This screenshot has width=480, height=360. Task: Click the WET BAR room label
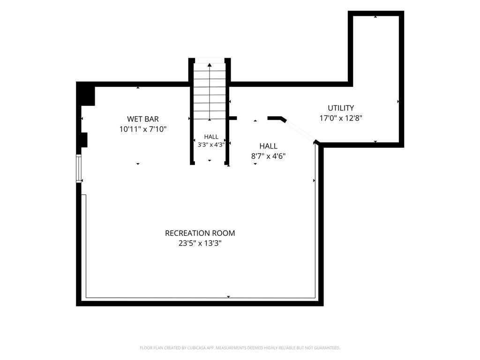[x=143, y=119]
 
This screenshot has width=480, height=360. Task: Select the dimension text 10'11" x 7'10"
[x=143, y=129]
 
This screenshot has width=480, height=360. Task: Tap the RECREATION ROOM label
[x=200, y=233]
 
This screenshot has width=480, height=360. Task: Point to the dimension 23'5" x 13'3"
[x=200, y=243]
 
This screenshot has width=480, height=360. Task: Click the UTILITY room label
[x=341, y=108]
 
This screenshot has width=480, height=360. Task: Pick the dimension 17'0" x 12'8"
[x=341, y=118]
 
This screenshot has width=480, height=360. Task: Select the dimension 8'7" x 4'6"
[x=269, y=156]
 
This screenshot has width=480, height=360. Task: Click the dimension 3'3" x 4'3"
[x=211, y=144]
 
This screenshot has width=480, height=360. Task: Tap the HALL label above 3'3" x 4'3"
[x=211, y=137]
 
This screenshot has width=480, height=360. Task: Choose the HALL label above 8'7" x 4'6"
[x=269, y=146]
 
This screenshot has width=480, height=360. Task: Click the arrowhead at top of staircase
[x=210, y=65]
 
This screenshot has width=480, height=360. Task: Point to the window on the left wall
[x=79, y=169]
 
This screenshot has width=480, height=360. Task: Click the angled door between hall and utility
[x=300, y=131]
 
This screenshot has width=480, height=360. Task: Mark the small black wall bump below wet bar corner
[x=84, y=140]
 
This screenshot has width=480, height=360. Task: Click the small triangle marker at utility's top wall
[x=375, y=17]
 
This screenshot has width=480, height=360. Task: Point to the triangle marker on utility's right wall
[x=398, y=101]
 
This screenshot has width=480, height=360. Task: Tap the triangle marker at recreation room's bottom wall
[x=228, y=297]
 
